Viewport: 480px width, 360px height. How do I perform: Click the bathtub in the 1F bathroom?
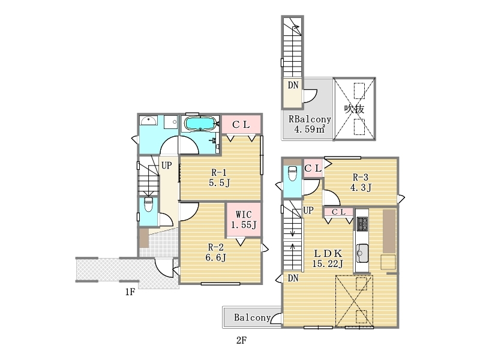[x=200, y=124]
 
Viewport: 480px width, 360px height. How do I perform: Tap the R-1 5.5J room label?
[x=219, y=178]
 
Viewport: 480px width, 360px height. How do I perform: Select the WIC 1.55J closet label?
[x=244, y=220]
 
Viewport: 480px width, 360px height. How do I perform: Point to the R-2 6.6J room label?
[x=216, y=252]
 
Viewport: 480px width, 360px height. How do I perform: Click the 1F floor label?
[x=130, y=292]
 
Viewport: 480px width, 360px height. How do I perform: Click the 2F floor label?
[x=241, y=340]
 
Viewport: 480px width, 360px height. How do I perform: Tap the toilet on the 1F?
[x=148, y=205]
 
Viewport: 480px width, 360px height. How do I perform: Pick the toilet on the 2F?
[x=293, y=173]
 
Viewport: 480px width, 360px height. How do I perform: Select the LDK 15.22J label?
[x=328, y=259]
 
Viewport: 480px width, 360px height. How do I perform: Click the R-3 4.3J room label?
[x=361, y=182]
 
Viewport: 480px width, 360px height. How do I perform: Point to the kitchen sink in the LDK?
[x=362, y=253]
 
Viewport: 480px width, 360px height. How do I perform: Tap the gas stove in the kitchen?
[x=362, y=224]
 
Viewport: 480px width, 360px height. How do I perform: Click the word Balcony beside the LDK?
[x=252, y=317]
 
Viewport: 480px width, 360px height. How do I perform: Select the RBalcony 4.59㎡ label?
[x=310, y=124]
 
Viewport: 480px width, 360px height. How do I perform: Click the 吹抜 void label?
[x=354, y=109]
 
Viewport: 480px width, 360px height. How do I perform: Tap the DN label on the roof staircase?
[x=293, y=85]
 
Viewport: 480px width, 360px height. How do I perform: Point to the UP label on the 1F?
[x=167, y=166]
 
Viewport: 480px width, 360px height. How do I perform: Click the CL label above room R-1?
[x=241, y=125]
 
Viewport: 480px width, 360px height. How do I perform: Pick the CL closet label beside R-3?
[x=313, y=168]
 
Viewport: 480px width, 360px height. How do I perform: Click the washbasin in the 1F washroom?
[x=149, y=121]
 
